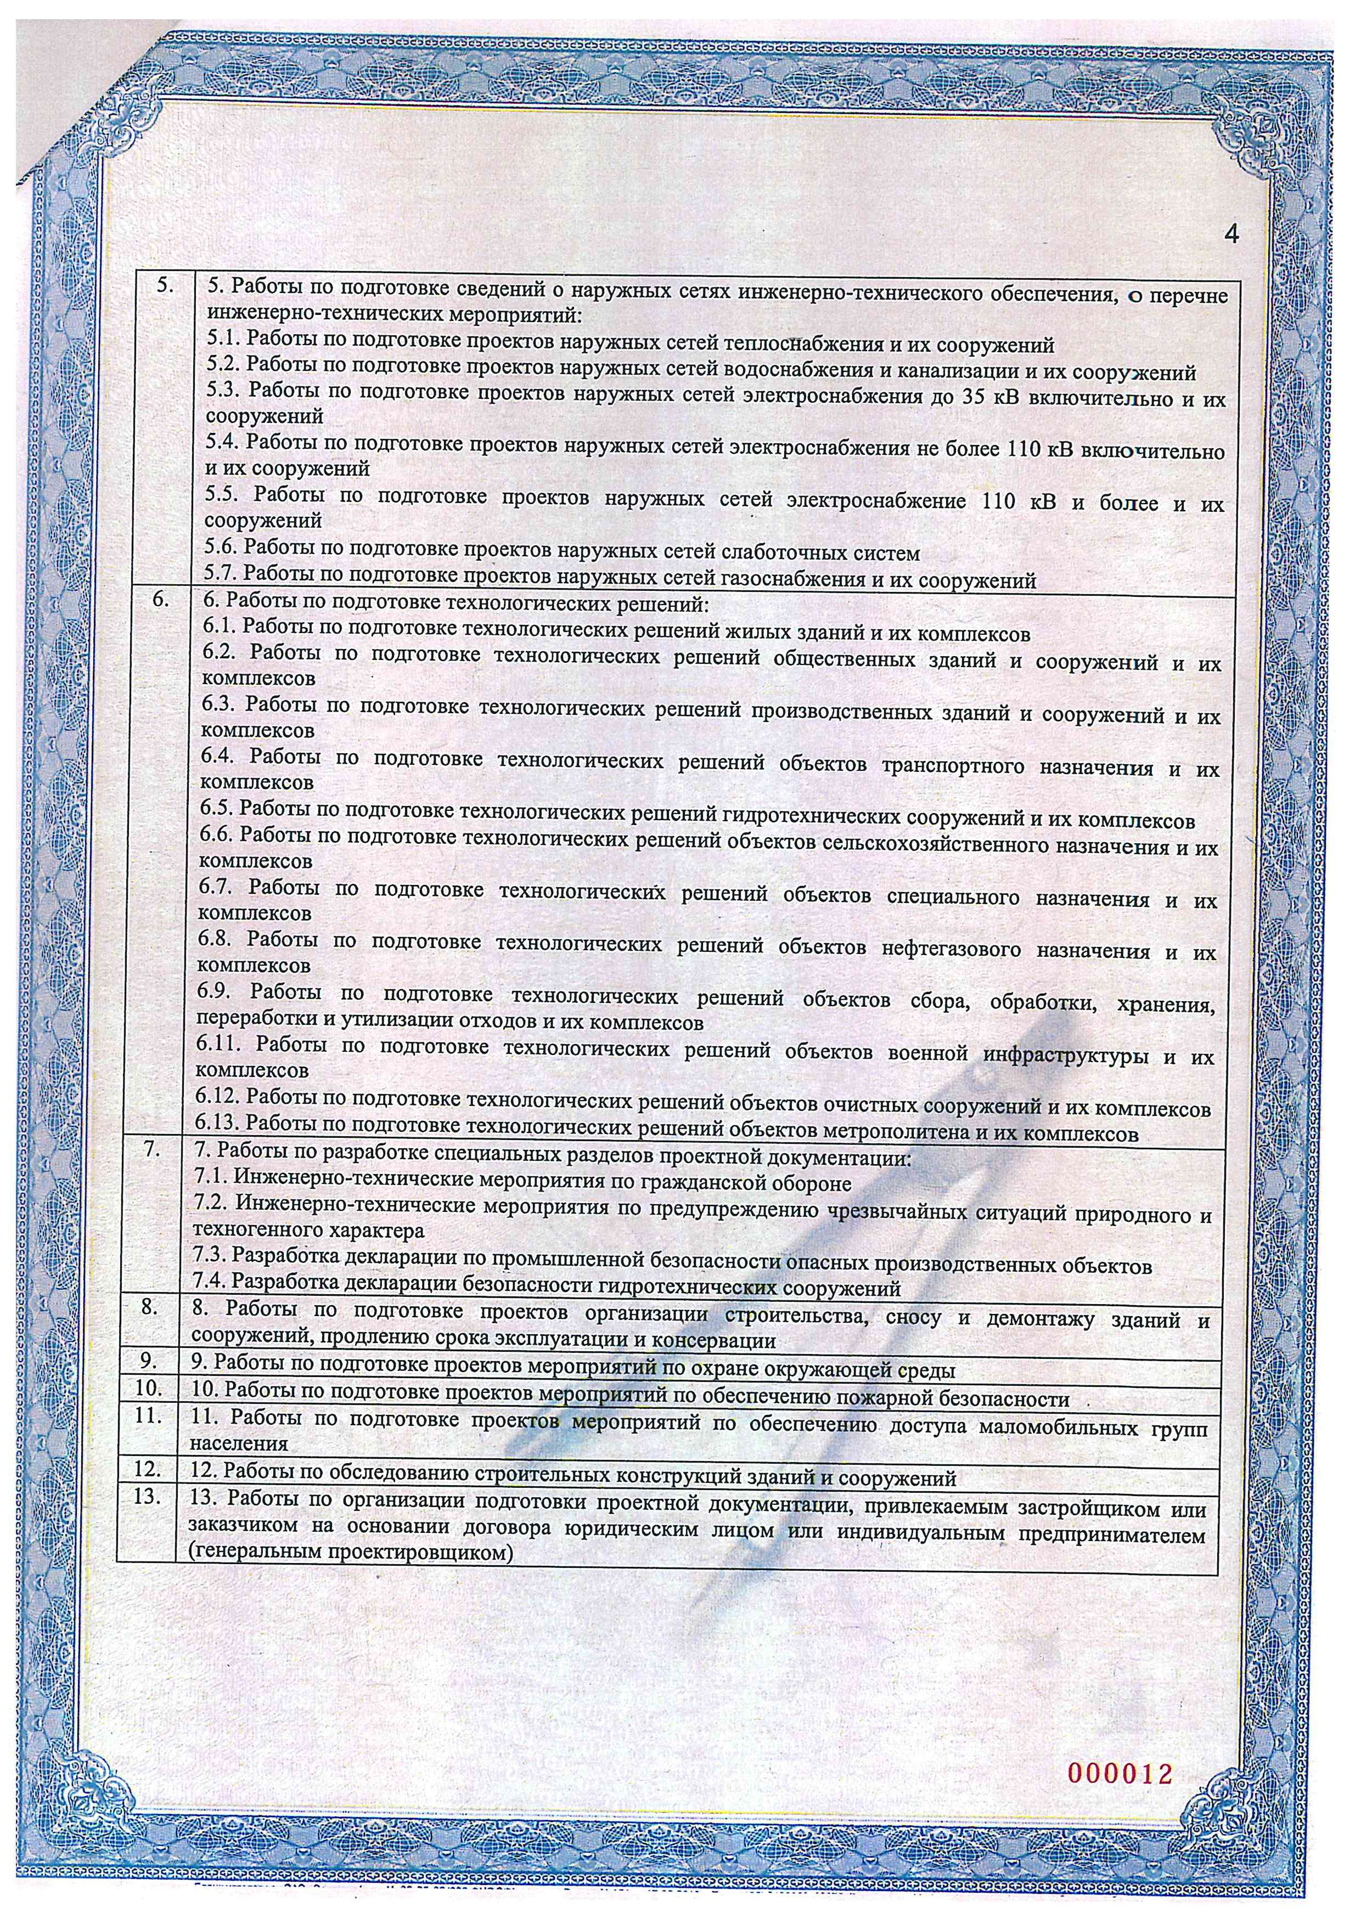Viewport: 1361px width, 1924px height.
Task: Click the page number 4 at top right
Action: click(1231, 234)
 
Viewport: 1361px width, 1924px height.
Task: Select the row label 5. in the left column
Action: click(165, 287)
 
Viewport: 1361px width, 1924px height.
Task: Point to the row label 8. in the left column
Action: click(151, 1308)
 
